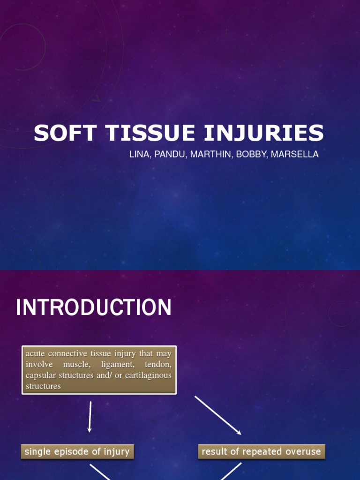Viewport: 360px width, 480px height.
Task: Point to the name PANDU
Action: (169, 154)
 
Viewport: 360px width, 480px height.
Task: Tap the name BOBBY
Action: (250, 154)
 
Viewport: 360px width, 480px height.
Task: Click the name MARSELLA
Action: (294, 154)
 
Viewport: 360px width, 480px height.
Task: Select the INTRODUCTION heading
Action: (94, 308)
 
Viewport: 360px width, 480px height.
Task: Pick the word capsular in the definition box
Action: (40, 375)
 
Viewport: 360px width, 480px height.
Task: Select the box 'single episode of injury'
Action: (77, 452)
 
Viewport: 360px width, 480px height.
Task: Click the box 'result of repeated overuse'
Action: (261, 452)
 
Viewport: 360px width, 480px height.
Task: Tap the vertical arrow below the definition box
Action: (90, 416)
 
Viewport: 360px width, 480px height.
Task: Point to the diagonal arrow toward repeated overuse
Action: (217, 415)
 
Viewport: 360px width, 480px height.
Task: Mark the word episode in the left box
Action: (68, 452)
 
